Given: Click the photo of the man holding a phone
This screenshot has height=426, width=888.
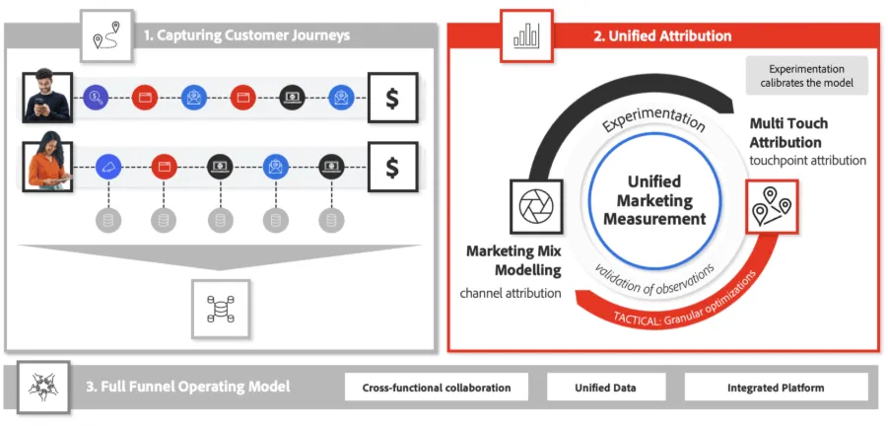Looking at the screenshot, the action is pos(47,97).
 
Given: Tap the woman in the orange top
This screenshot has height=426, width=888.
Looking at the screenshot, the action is pos(47,166).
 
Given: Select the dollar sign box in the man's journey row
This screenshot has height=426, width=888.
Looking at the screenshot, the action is pos(392,98).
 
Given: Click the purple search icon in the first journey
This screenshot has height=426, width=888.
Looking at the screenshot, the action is pos(96,98).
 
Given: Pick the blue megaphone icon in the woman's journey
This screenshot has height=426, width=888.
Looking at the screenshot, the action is pos(108,167).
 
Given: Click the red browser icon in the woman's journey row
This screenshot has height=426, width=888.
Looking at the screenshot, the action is pos(165,167).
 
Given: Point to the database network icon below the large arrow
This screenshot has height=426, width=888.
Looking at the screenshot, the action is pos(221,309).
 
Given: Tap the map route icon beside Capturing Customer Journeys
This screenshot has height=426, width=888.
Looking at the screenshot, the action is pos(107,35).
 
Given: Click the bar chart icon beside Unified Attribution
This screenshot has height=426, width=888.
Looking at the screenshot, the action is pos(526,35).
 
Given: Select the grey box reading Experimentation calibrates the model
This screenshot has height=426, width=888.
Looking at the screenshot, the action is pos(806,75).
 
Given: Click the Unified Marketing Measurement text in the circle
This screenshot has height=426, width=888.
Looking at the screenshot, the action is pos(654,200).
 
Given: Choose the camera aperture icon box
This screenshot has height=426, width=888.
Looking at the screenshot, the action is pos(536,206).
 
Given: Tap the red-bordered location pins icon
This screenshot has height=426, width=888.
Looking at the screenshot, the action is pos(772,206).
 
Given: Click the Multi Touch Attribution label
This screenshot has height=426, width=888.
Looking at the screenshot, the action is pos(788,132).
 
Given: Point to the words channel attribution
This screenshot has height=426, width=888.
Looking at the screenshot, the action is pos(511,293).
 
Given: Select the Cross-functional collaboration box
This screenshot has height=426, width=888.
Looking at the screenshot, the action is pos(437,389).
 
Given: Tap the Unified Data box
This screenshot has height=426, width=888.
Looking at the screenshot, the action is pos(605,389).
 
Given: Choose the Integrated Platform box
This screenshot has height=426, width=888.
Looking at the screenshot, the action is pos(776,389).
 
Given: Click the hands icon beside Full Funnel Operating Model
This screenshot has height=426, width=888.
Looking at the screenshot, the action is pos(43,388).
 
